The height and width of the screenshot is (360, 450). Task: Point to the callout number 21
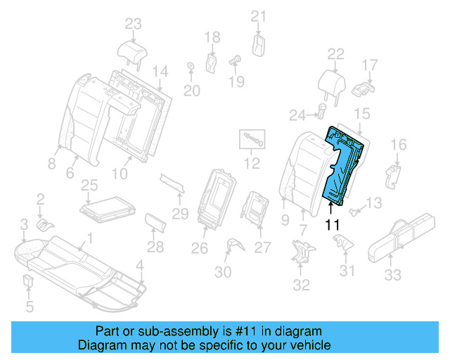[x=259, y=17]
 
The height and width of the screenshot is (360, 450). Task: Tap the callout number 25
[x=89, y=185]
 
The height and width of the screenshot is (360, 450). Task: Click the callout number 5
[x=29, y=306]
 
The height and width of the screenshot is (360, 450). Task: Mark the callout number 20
[x=191, y=90]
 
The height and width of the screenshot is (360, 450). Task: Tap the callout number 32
[x=301, y=285]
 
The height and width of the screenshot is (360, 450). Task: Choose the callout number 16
[x=398, y=145]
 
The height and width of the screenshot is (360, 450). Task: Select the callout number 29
[x=181, y=213]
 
